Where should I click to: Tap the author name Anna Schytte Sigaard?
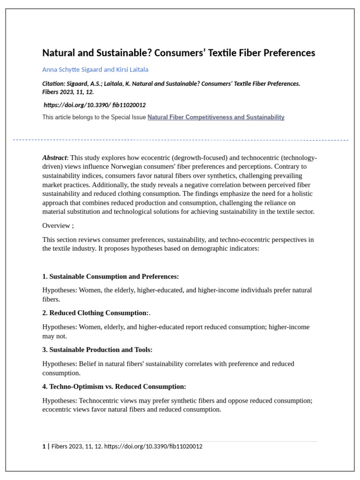click(72, 69)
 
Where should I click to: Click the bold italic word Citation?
click(53, 83)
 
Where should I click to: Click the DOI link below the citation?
click(95, 105)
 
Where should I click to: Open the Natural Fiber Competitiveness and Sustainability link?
click(216, 117)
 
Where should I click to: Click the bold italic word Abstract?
click(54, 157)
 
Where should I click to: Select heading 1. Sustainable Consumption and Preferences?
click(111, 277)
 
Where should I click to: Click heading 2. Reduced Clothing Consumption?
click(95, 313)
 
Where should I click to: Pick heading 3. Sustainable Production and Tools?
click(97, 350)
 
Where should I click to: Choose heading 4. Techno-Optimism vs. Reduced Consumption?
click(114, 387)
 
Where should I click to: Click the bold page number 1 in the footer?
click(44, 446)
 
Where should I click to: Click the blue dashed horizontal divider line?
click(180, 140)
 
